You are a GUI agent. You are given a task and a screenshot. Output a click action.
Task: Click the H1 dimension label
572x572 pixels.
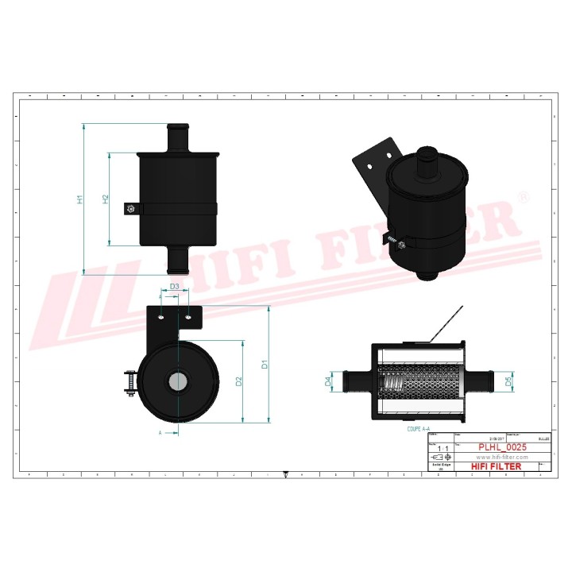80,199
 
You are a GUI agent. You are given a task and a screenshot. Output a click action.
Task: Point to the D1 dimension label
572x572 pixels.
265,365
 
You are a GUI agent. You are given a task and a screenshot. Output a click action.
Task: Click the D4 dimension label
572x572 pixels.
328,382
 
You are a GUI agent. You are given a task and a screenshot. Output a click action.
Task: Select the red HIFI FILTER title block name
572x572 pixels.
497,466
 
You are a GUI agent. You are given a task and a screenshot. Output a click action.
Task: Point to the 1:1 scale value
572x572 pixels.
443,449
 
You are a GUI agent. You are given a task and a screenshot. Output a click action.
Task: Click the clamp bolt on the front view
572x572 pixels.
129,210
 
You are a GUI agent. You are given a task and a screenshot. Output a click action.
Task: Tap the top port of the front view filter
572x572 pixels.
177,137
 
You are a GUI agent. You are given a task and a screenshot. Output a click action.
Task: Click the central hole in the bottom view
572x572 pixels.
177,381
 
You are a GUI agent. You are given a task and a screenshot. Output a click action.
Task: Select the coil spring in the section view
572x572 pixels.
395,388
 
